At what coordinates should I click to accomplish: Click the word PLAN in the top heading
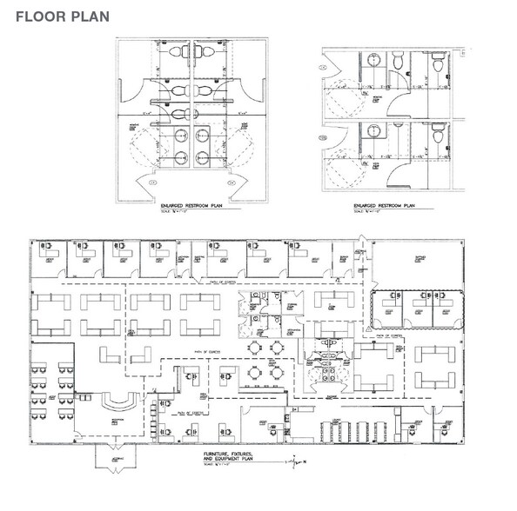[85, 16]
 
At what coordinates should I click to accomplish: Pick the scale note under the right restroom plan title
[371, 213]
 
